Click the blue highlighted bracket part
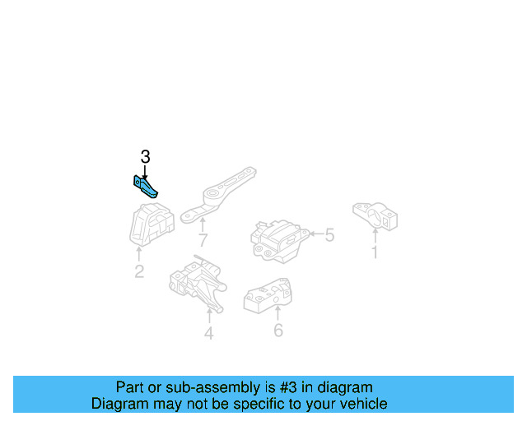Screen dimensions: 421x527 click(x=146, y=187)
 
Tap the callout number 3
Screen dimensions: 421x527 click(x=145, y=157)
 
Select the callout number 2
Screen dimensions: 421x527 click(x=139, y=271)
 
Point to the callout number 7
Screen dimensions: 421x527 click(x=203, y=240)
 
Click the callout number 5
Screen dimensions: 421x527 click(x=329, y=236)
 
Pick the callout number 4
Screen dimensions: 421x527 click(x=209, y=333)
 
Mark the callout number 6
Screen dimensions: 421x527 click(x=277, y=331)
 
